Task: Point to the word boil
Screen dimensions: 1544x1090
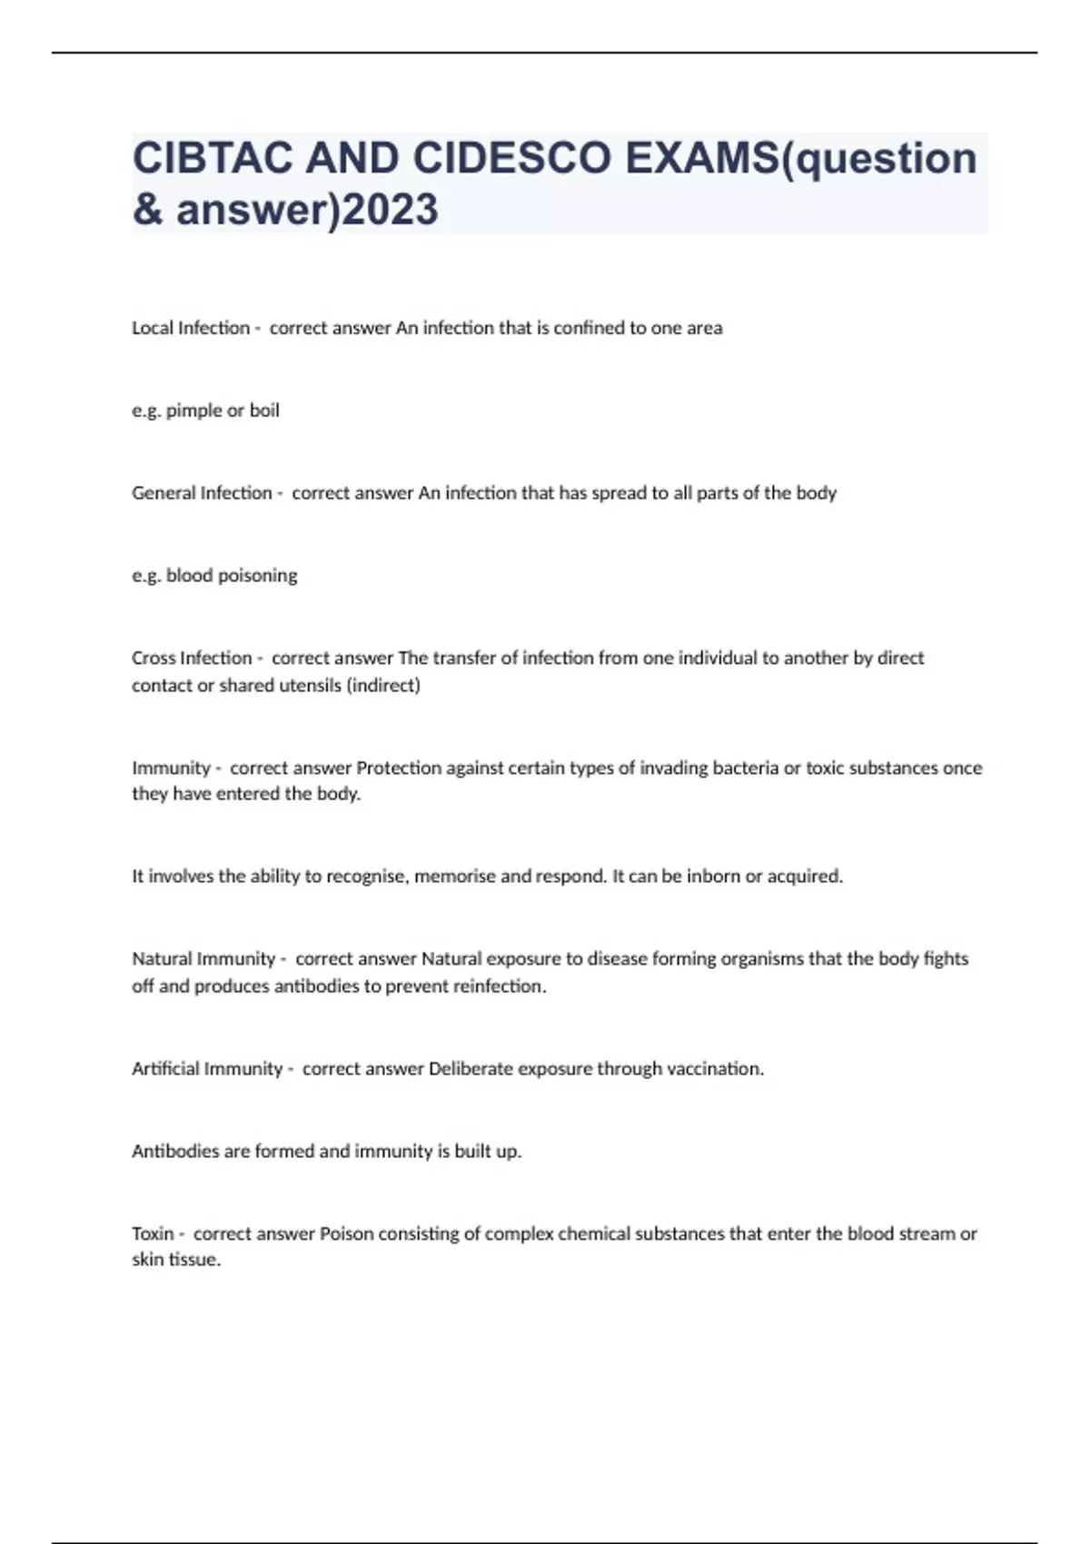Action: tap(264, 411)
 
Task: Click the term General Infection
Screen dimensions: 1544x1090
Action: tap(202, 493)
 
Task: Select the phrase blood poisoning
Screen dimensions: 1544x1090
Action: tap(232, 576)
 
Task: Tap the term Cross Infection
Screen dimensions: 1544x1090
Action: tap(192, 658)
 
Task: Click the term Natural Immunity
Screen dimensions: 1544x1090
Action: tap(203, 959)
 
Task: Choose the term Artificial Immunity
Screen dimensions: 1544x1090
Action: tap(207, 1069)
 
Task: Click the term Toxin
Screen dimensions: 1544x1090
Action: tap(153, 1233)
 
